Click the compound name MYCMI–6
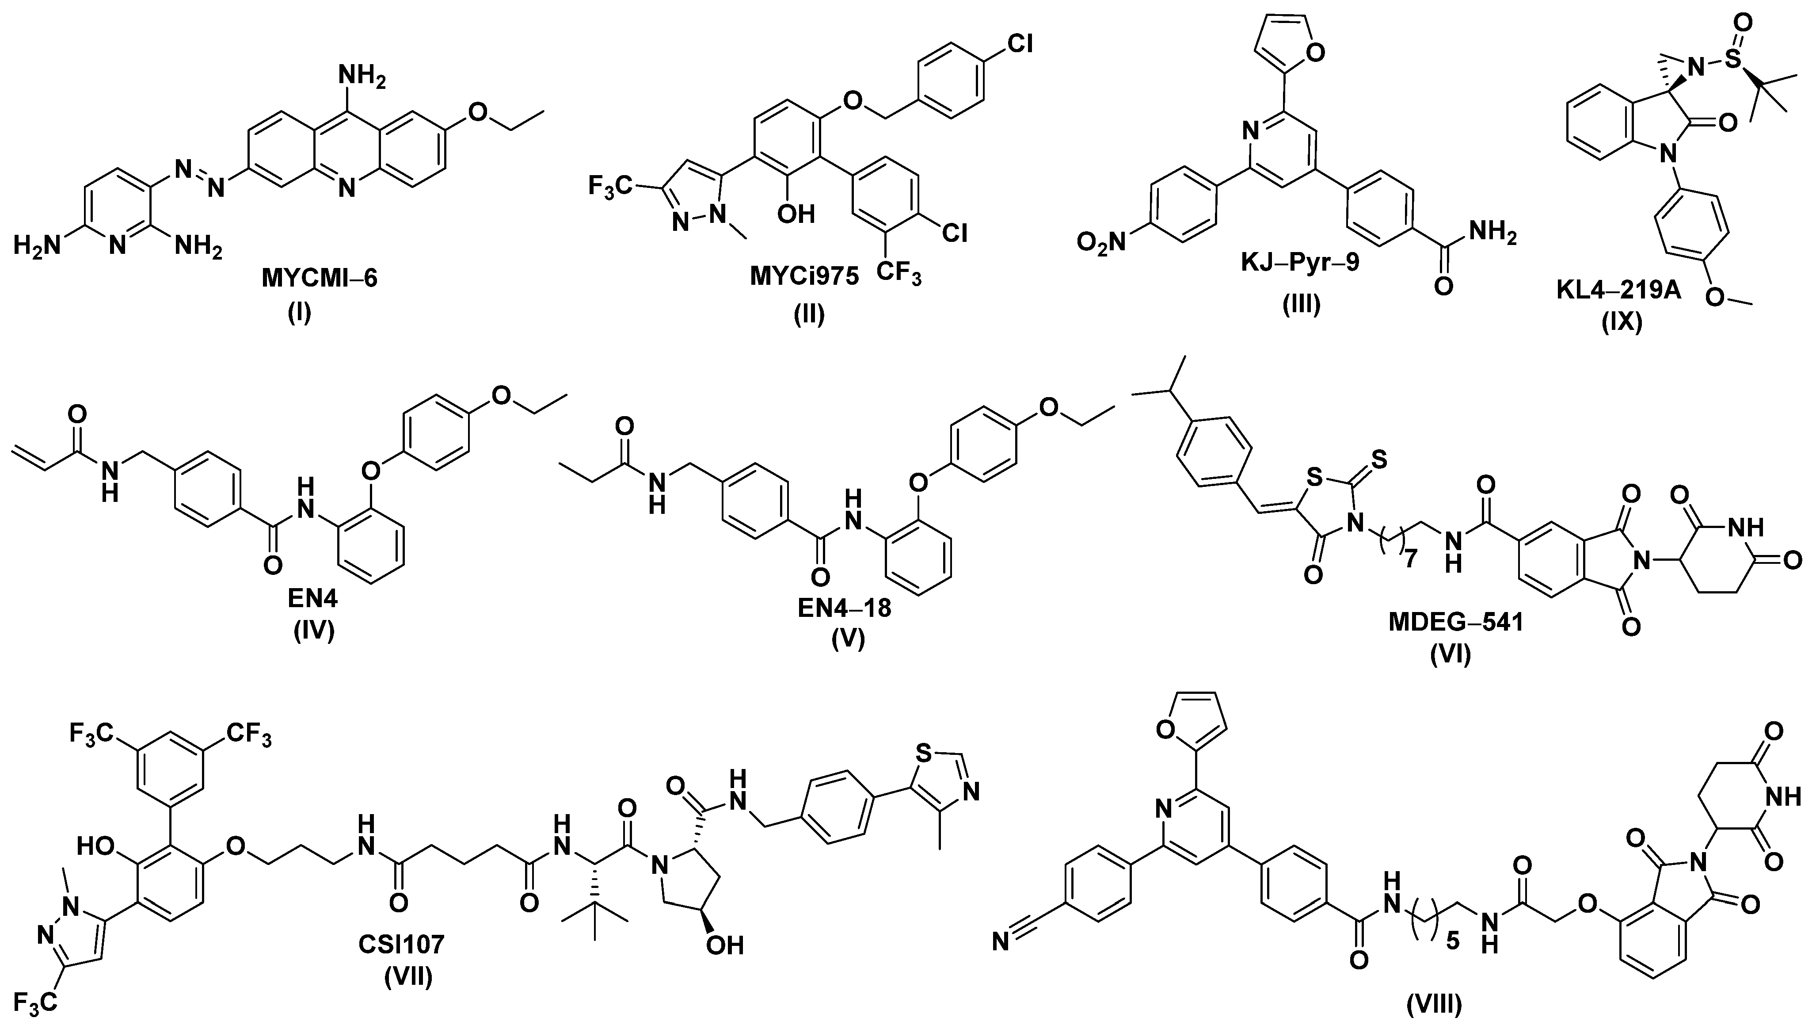point(320,278)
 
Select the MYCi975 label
point(804,277)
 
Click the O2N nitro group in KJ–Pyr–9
point(1101,243)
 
